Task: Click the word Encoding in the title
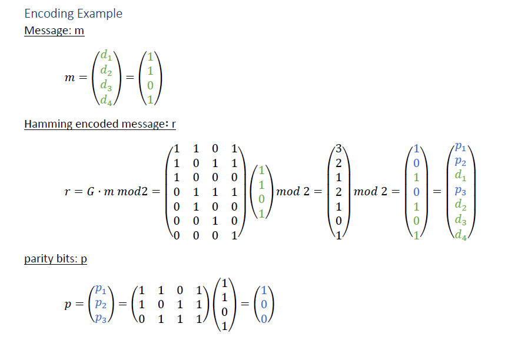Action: click(x=49, y=14)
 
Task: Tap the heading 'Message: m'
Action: click(x=54, y=31)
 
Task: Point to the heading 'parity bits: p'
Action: click(x=55, y=259)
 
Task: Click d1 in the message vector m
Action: click(x=107, y=56)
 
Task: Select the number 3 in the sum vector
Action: click(x=338, y=149)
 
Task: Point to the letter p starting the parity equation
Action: click(x=68, y=305)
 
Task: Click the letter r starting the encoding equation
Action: click(x=68, y=192)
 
